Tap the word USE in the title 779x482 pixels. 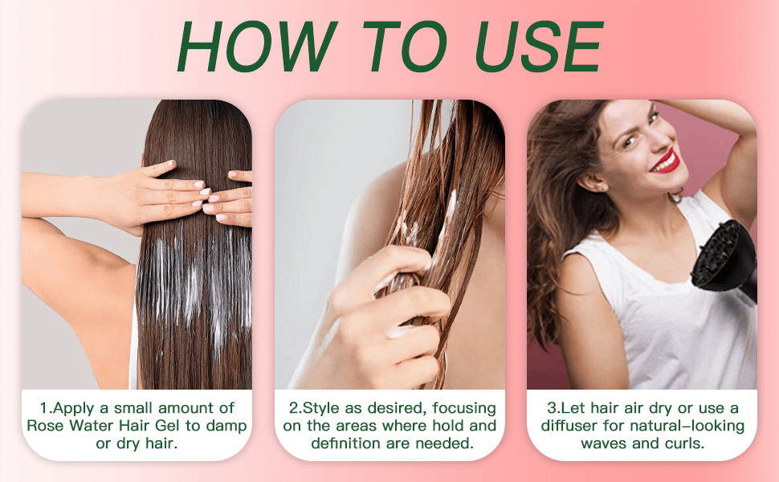[x=539, y=47]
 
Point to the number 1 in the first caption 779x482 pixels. [x=43, y=408]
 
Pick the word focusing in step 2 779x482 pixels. [x=464, y=408]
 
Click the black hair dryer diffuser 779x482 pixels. [x=724, y=259]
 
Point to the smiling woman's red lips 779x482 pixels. [x=666, y=161]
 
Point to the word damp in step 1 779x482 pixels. [x=226, y=427]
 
